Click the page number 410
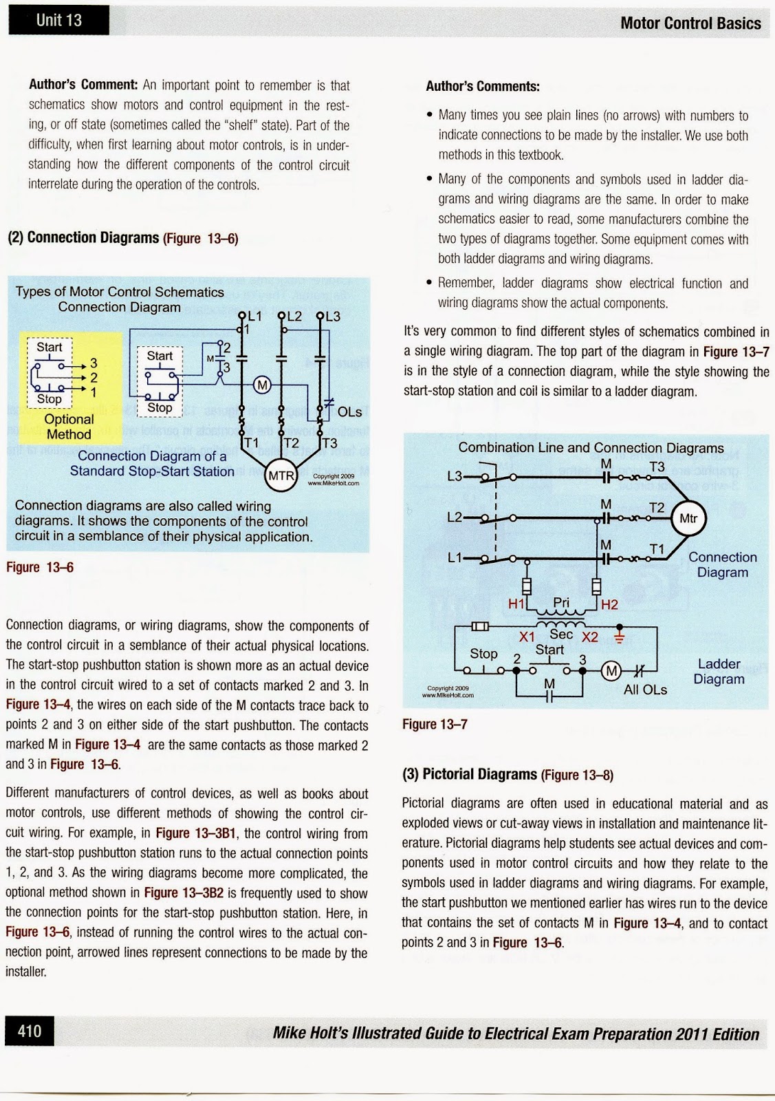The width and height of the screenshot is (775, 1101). [29, 1031]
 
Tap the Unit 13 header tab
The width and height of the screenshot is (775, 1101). [59, 20]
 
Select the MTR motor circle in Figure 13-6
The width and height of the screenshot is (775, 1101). [281, 475]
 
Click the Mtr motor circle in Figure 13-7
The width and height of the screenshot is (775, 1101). [688, 519]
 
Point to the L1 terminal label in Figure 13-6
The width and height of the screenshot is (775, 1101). [254, 316]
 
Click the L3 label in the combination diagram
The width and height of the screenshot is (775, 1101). [455, 475]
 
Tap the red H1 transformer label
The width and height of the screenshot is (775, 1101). [516, 604]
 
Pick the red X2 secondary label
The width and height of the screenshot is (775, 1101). [590, 637]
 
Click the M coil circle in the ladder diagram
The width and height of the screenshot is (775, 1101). [611, 671]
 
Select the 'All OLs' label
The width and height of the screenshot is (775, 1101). [645, 690]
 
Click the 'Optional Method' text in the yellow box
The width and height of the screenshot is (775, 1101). [69, 427]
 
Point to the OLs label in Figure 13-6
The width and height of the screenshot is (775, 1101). [349, 411]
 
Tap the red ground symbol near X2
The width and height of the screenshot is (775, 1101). [619, 634]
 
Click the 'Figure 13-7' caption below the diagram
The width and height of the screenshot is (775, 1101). [435, 724]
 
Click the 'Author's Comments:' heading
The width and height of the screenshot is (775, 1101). [483, 86]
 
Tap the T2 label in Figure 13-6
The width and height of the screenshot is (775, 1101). [292, 443]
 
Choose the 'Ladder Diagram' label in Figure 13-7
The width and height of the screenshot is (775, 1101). [719, 672]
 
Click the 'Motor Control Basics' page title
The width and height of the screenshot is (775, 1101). [690, 23]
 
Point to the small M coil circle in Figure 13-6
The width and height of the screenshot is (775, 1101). [262, 385]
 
